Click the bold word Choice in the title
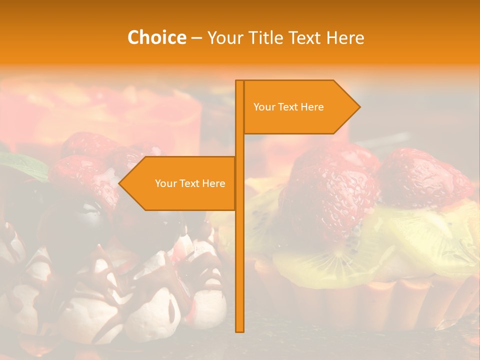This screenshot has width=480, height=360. (156, 38)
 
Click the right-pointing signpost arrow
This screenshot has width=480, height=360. (300, 107)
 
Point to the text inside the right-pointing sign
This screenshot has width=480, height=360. (288, 107)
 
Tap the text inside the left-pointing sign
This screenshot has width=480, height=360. (190, 183)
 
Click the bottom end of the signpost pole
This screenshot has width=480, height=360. (239, 330)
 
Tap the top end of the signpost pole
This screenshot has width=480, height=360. (239, 82)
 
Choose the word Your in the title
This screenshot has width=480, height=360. (224, 38)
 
